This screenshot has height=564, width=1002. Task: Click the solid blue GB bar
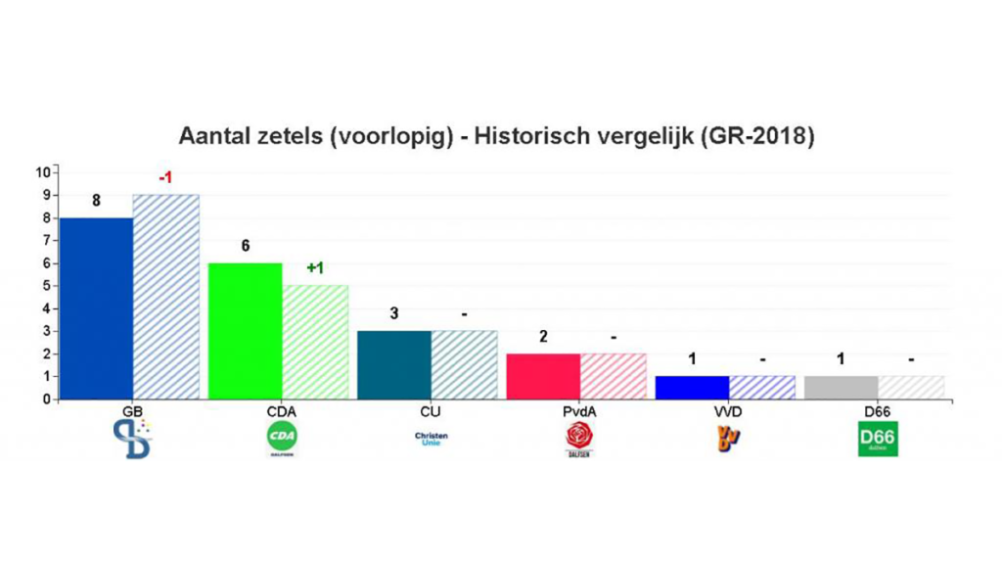pos(95,307)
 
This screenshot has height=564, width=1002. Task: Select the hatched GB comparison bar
pos(165,296)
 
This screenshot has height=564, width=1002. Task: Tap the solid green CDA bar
pos(246,330)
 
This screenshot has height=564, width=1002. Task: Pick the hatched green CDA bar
pos(315,342)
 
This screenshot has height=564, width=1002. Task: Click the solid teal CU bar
pos(394,364)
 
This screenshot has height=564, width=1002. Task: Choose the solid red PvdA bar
pos(543,376)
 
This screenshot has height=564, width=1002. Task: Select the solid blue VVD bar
pos(692,387)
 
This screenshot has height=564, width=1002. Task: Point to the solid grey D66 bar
pos(841,387)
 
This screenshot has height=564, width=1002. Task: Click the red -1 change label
pos(165,177)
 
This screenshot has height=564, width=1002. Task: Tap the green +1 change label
pos(315,267)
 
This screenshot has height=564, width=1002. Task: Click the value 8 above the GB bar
pos(96,201)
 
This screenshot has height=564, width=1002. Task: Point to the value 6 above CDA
pos(246,246)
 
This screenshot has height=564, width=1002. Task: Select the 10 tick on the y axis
pos(42,172)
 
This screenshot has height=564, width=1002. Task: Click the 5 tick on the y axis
pos(45,286)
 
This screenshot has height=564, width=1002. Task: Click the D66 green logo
pos(878,439)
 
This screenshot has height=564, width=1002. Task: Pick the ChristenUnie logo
pos(431,439)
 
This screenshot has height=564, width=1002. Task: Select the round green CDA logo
pos(282,438)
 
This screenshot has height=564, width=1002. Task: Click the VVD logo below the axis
pos(729,438)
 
